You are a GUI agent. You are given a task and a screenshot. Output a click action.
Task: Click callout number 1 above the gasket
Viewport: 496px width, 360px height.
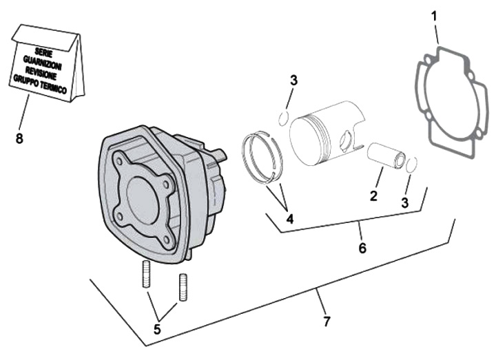click(x=434, y=14)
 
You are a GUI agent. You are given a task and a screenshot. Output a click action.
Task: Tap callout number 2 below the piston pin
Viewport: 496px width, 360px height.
click(x=373, y=195)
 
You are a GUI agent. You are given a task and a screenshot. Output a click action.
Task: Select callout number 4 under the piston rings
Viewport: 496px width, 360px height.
click(x=290, y=219)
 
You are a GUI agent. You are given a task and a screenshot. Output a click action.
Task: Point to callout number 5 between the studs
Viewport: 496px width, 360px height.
click(x=157, y=329)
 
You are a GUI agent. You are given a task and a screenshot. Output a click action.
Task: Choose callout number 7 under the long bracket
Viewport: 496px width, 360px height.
click(x=327, y=321)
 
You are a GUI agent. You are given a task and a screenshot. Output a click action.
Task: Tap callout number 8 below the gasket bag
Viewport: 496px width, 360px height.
click(x=19, y=138)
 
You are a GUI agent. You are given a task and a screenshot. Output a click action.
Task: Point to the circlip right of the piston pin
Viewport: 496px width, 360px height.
click(x=412, y=165)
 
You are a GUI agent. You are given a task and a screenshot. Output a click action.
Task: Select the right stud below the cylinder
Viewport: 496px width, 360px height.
click(x=183, y=286)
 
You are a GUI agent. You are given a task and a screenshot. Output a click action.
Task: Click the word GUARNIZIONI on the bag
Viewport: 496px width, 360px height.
click(x=43, y=60)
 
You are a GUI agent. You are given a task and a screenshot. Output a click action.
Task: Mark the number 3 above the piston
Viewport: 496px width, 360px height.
click(x=293, y=81)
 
